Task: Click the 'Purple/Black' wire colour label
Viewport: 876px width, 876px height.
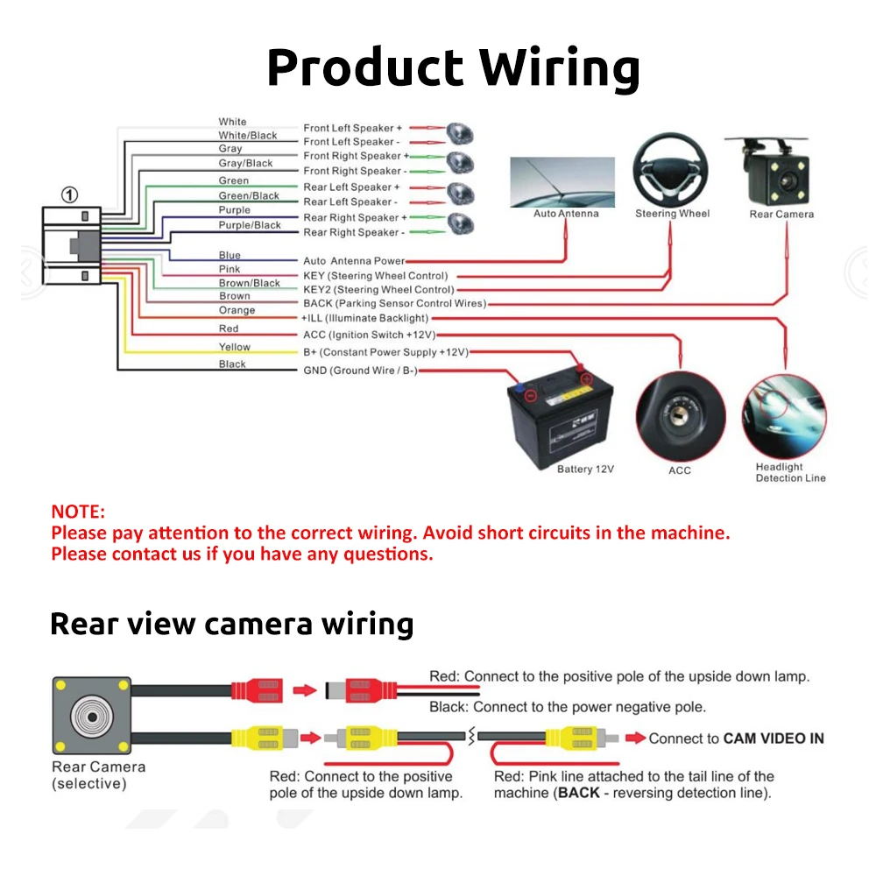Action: (x=250, y=225)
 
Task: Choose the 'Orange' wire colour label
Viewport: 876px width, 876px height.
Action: (x=237, y=310)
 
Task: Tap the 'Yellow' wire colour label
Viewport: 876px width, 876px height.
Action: (x=234, y=347)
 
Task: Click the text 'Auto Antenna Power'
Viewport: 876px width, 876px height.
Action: (x=354, y=261)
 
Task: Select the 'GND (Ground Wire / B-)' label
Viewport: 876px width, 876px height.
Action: (x=360, y=371)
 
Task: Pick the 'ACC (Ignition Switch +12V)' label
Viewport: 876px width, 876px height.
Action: (x=369, y=335)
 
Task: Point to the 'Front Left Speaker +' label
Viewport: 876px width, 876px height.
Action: (x=353, y=128)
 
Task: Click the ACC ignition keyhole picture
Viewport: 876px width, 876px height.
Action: (x=680, y=415)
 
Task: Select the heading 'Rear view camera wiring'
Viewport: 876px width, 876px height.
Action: (x=231, y=624)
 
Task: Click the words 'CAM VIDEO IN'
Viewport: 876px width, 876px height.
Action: (x=774, y=738)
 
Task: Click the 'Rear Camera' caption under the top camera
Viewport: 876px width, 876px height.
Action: (x=781, y=214)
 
